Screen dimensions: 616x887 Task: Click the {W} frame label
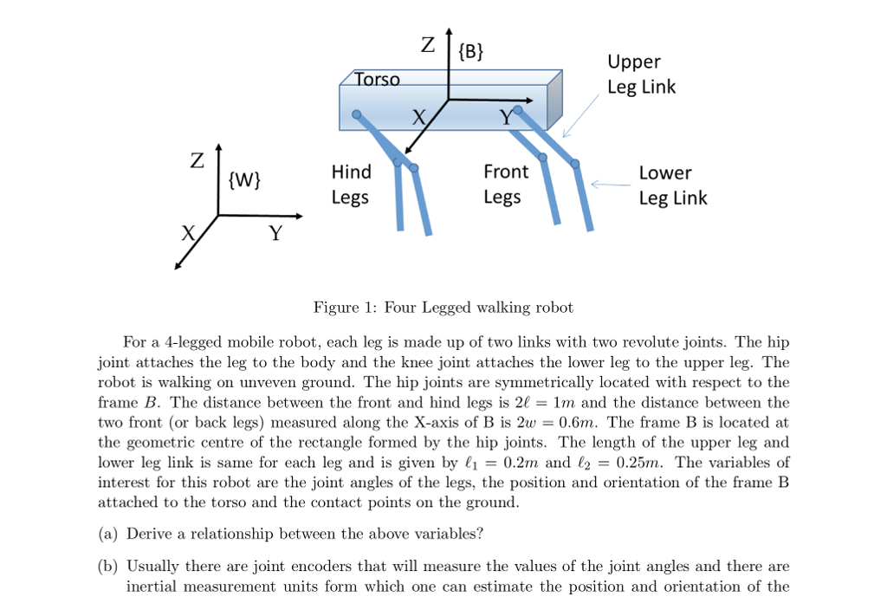[x=243, y=180]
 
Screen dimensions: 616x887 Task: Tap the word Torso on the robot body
[x=378, y=80]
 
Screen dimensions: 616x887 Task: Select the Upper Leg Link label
[x=641, y=75]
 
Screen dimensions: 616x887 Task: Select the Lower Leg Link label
[x=672, y=185]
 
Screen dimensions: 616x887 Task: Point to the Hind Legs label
[x=351, y=185]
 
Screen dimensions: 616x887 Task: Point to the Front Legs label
[x=502, y=185]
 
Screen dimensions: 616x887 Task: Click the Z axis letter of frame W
[x=197, y=161]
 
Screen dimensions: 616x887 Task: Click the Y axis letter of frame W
[x=275, y=234]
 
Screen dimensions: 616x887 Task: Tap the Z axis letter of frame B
[x=428, y=44]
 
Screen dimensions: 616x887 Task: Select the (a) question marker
[x=107, y=534]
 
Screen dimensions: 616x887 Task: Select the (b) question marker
[x=107, y=567]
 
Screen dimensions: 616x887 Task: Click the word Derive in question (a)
[x=149, y=534]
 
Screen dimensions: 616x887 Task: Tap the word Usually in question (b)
[x=153, y=567]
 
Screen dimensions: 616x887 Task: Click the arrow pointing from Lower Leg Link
[x=611, y=184]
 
